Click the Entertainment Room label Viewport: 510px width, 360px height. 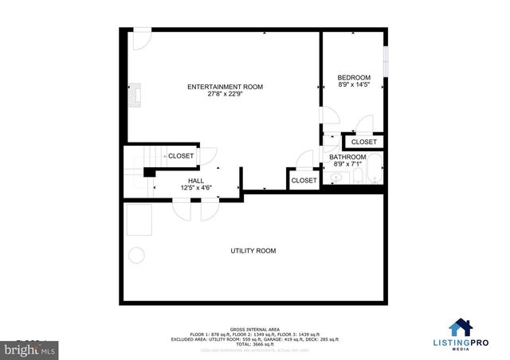(x=225, y=87)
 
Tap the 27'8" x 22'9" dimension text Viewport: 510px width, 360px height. (x=225, y=94)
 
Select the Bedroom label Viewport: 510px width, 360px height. (x=354, y=77)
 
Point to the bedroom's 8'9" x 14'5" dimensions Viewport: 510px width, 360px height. (x=354, y=84)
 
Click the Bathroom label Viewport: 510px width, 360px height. (x=348, y=158)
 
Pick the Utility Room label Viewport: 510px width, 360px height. (x=253, y=251)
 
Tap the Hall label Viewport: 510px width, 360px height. (x=195, y=182)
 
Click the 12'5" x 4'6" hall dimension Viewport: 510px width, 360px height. (x=195, y=189)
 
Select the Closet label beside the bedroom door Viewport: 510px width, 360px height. (x=363, y=143)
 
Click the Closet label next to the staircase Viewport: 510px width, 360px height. (x=180, y=156)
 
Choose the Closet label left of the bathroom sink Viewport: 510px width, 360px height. (x=304, y=181)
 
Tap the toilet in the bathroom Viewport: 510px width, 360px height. (x=355, y=173)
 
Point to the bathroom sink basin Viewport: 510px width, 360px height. (x=334, y=178)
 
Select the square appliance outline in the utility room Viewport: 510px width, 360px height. (x=139, y=220)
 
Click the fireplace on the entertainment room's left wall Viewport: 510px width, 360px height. (x=137, y=95)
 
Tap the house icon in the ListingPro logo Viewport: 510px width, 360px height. (x=460, y=328)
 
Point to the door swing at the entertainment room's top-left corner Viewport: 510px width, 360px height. (x=141, y=37)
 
